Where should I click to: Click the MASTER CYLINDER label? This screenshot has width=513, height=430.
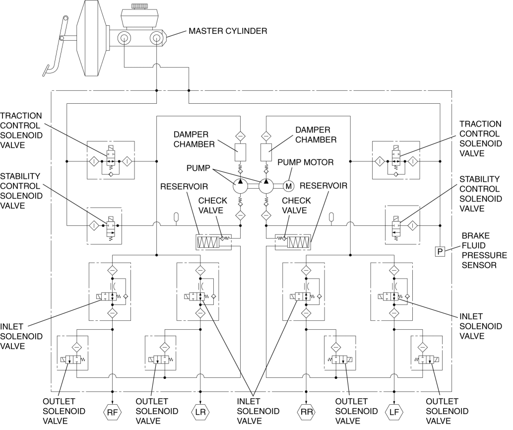coord(228,31)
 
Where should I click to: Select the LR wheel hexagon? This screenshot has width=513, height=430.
coord(200,412)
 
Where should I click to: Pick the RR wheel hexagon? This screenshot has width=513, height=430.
coord(306,412)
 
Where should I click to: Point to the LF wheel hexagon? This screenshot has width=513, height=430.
coord(394,412)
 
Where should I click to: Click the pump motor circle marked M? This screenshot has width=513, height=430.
coord(289,186)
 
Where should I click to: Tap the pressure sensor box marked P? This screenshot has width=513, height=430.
coord(440,252)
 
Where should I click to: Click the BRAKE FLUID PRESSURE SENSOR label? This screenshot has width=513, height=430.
coord(484,250)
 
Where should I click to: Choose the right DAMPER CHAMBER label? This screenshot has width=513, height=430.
coord(316,135)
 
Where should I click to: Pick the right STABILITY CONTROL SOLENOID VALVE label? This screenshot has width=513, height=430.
coord(480,194)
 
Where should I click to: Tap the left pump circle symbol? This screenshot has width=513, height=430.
coord(241,186)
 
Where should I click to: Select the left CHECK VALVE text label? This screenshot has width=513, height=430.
coord(213,205)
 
